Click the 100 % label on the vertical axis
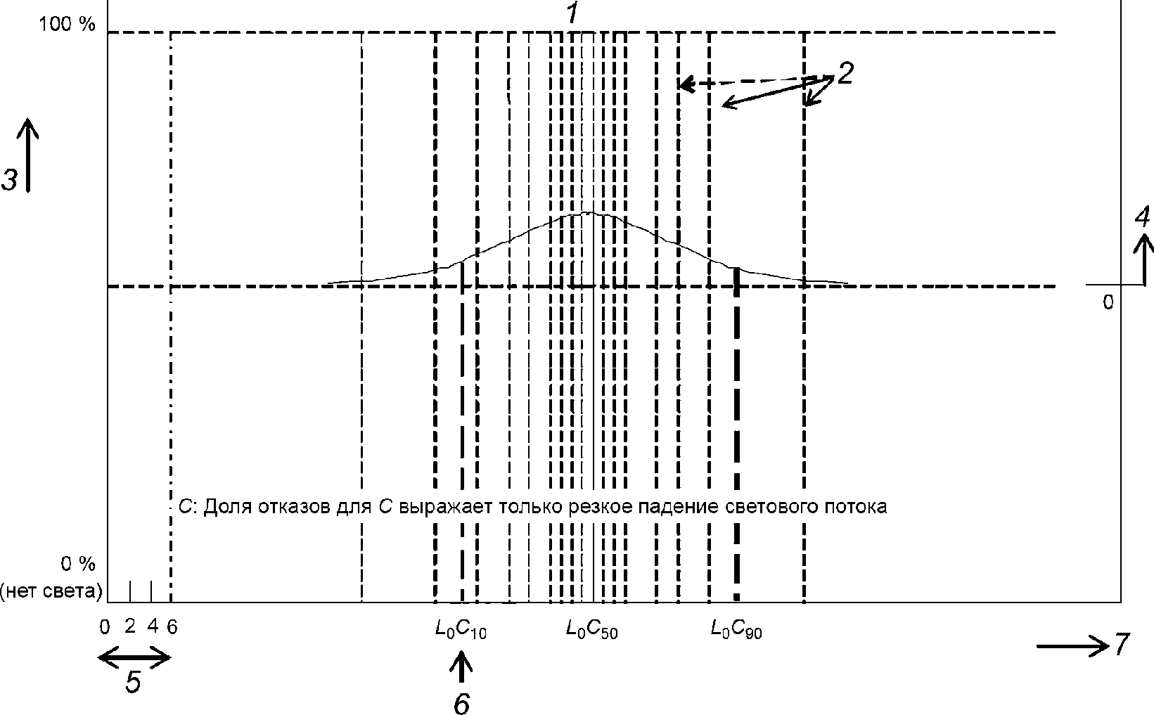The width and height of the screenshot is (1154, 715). pyautogui.click(x=67, y=24)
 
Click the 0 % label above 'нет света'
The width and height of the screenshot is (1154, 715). pyautogui.click(x=78, y=564)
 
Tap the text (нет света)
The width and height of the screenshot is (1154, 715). pyautogui.click(x=51, y=591)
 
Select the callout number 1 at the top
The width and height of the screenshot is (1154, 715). pyautogui.click(x=573, y=13)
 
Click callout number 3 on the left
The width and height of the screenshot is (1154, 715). pyautogui.click(x=10, y=180)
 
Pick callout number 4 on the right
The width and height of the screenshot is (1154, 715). pyautogui.click(x=1142, y=217)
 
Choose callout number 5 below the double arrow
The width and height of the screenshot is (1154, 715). pyautogui.click(x=133, y=683)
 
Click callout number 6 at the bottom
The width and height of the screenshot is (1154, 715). pyautogui.click(x=461, y=703)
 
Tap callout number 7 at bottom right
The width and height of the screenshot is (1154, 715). pyautogui.click(x=1122, y=644)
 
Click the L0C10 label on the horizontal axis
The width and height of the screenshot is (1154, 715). pyautogui.click(x=461, y=629)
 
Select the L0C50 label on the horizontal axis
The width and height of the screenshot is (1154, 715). pyautogui.click(x=591, y=629)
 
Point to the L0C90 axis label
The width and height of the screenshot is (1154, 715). pyautogui.click(x=736, y=629)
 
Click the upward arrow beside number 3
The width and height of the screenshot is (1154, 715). pyautogui.click(x=28, y=155)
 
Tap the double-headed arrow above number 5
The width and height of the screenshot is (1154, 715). pyautogui.click(x=134, y=657)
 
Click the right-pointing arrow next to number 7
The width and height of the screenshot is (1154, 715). pyautogui.click(x=1072, y=646)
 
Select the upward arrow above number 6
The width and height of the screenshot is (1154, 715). pyautogui.click(x=461, y=668)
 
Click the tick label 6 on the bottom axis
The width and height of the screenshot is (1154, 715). pyautogui.click(x=172, y=627)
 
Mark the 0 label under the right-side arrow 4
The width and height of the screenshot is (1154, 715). pyautogui.click(x=1108, y=302)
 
